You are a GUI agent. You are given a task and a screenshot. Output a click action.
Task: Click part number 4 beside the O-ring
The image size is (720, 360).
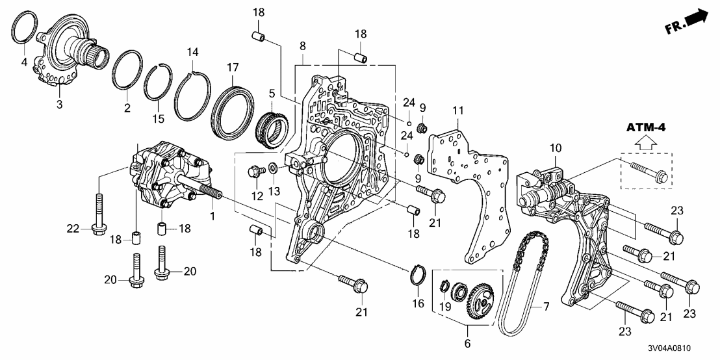[x=24, y=62]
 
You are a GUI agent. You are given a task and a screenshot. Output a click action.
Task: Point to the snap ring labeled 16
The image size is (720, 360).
[x=417, y=276]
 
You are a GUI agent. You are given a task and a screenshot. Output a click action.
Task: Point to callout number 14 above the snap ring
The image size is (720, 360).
[x=192, y=51]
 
